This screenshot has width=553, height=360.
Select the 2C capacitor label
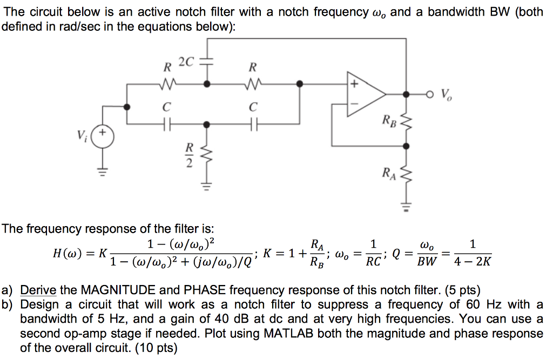click(x=186, y=62)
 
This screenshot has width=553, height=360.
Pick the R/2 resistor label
click(x=189, y=155)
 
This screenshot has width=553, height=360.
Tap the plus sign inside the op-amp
click(x=355, y=84)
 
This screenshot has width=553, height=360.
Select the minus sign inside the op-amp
click(x=354, y=104)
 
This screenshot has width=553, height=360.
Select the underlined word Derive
click(x=38, y=289)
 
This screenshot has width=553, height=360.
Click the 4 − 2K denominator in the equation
click(x=473, y=262)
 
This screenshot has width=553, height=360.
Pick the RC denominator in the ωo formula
click(x=373, y=262)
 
